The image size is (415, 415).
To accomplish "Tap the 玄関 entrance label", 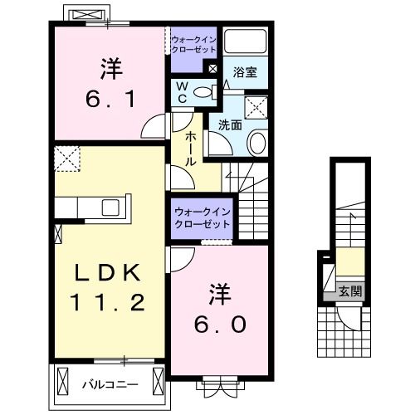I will pos(349,291).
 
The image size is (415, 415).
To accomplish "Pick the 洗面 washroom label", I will pos(230,125).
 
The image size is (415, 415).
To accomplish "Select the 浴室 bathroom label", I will pos(244,72).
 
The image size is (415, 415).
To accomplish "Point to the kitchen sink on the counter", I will pos(110,207).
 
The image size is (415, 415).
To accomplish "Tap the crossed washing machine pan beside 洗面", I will pos(257,105).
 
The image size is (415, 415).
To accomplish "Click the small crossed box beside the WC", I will pos(213,70).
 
